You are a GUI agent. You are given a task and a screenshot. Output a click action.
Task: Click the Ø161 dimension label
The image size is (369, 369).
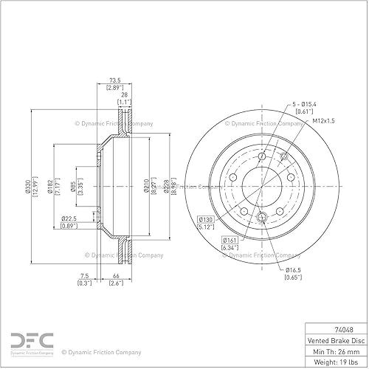coord(230,241)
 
